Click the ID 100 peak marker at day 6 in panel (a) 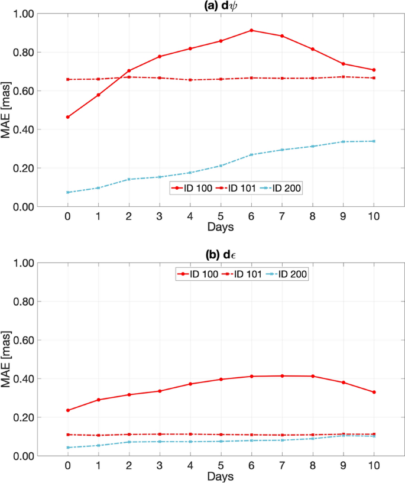tap(251, 30)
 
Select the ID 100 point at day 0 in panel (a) tap(68, 117)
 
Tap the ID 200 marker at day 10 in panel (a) tap(374, 141)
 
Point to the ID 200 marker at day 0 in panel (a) tap(68, 192)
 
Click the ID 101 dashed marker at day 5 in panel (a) tap(221, 79)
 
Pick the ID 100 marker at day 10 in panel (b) tap(374, 392)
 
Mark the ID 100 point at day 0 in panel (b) tap(68, 410)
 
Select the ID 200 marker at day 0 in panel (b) tap(68, 448)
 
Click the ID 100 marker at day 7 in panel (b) tap(282, 376)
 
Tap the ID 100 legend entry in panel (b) tap(196, 274)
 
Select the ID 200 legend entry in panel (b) tap(287, 274)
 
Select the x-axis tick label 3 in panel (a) tap(160, 216)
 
